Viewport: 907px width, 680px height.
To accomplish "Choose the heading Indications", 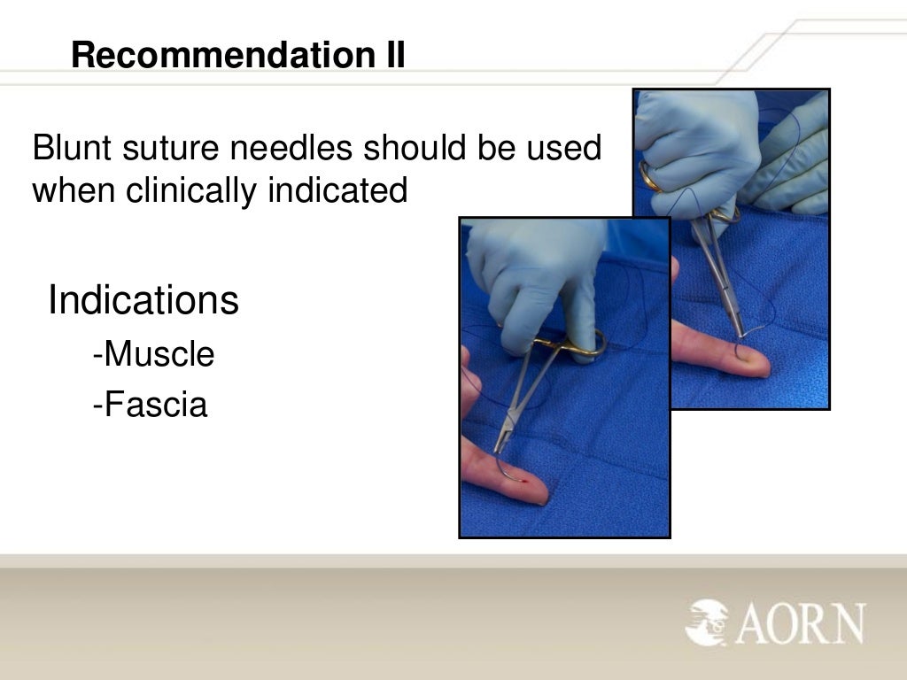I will [143, 301].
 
